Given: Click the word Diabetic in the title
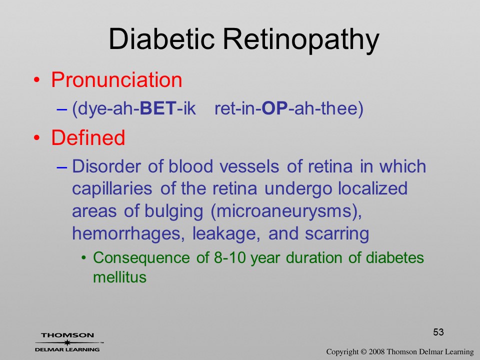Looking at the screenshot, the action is pyautogui.click(x=161, y=39).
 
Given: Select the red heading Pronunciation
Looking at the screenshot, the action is pyautogui.click(x=116, y=80).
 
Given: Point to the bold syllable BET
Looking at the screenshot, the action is pyautogui.click(x=158, y=108).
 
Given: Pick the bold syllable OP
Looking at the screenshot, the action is pyautogui.click(x=275, y=108).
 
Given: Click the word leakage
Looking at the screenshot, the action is pyautogui.click(x=226, y=234).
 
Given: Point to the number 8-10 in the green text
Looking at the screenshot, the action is pyautogui.click(x=230, y=257).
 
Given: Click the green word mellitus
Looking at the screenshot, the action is pyautogui.click(x=119, y=277).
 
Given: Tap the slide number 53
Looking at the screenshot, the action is pyautogui.click(x=438, y=332).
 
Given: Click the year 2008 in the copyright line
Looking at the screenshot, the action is pyautogui.click(x=376, y=351).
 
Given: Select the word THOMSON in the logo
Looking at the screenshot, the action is pyautogui.click(x=67, y=335).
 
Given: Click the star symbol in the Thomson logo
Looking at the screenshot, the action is pyautogui.click(x=67, y=342).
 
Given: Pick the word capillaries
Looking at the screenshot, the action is pyautogui.click(x=112, y=188).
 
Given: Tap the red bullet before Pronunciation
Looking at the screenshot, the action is pyautogui.click(x=36, y=80).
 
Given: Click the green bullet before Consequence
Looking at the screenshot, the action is pyautogui.click(x=83, y=258).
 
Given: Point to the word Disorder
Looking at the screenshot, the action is pyautogui.click(x=106, y=166).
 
